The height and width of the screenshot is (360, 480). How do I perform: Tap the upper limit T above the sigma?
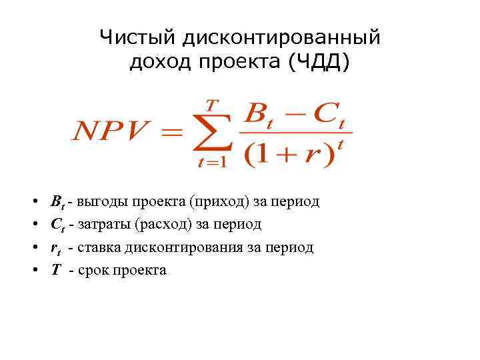click(x=211, y=105)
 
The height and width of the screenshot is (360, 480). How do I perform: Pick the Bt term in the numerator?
click(x=261, y=115)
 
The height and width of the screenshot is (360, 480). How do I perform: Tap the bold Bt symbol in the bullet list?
click(x=57, y=201)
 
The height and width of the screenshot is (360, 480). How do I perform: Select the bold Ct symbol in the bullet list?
click(x=57, y=225)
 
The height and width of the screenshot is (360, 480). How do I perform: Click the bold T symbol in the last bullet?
click(x=56, y=270)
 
